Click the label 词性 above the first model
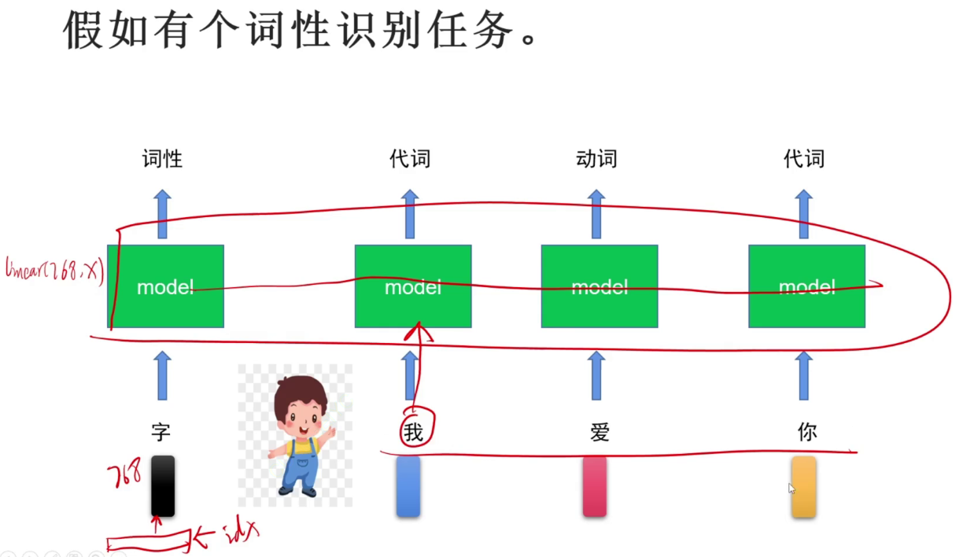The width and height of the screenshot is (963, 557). pos(162,159)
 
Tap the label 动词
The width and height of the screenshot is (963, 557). pos(596,159)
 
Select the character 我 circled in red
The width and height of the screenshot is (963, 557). pos(413,432)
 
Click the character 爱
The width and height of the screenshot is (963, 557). pos(599,432)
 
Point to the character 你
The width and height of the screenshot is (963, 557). pos(806,432)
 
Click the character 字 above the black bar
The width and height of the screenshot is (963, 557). pos(161,431)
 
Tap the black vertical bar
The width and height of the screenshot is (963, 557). pos(163,486)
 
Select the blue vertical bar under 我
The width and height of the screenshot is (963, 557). pos(408,486)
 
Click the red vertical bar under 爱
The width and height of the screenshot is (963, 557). pos(595,486)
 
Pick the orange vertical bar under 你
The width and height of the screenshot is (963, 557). pos(803,486)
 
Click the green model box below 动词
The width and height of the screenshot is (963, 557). pos(600,286)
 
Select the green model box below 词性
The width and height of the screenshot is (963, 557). pos(165,286)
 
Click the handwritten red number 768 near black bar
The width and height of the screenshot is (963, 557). pos(125,475)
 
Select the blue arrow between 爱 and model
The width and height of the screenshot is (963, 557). pos(596,375)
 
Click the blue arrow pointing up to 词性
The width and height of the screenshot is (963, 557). pos(162,213)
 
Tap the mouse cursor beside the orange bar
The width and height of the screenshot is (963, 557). pos(791,489)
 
